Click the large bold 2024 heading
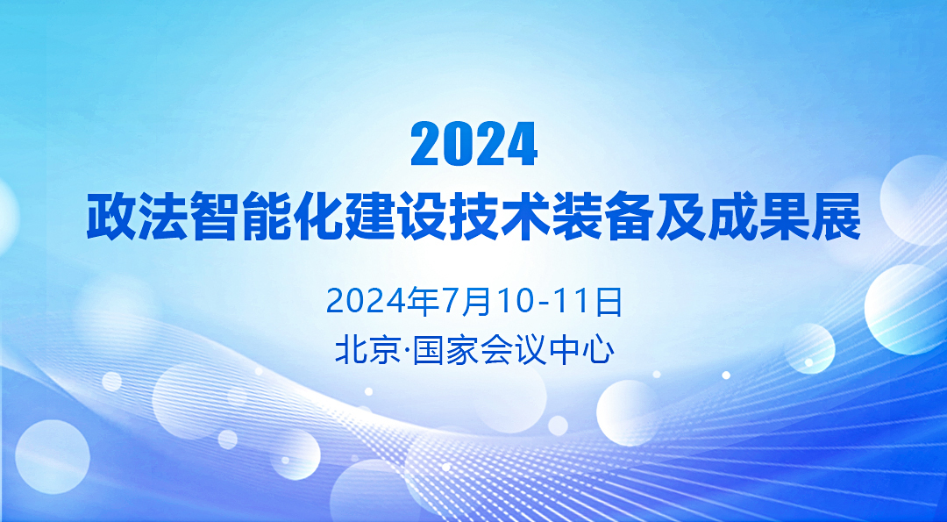pos(474,144)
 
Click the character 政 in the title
pos(111,217)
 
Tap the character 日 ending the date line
pos(609,302)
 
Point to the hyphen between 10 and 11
pos(545,304)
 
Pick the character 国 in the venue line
pos(428,350)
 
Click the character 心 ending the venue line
pos(599,350)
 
